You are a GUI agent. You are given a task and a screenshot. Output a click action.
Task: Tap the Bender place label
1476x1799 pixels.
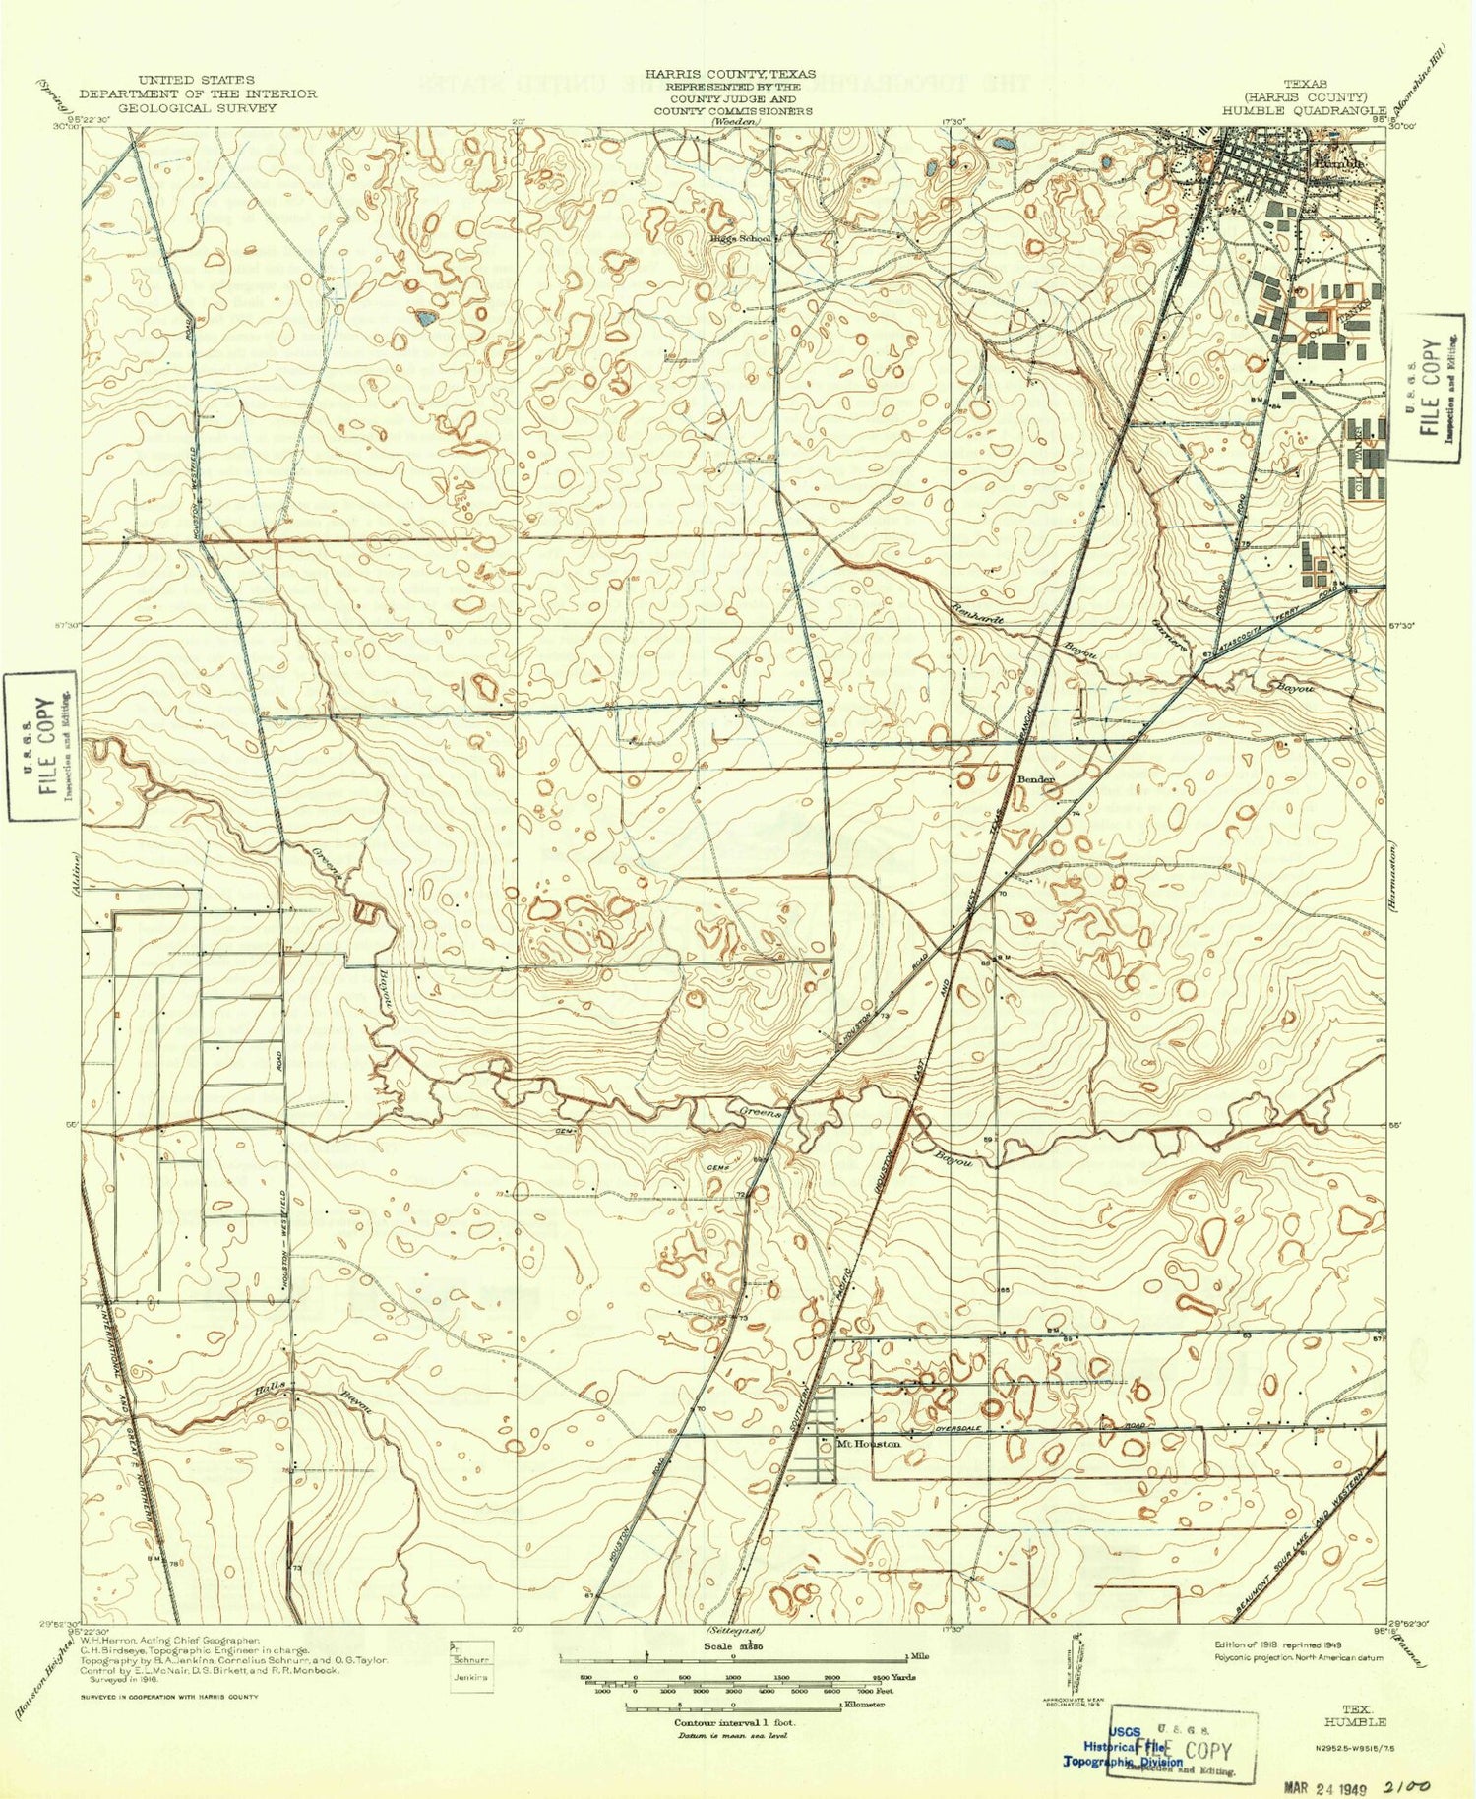[1035, 779]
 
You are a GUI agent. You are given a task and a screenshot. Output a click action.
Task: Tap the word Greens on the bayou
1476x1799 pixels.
[761, 1113]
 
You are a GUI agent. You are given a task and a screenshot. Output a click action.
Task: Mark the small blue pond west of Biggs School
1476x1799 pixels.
[425, 318]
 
